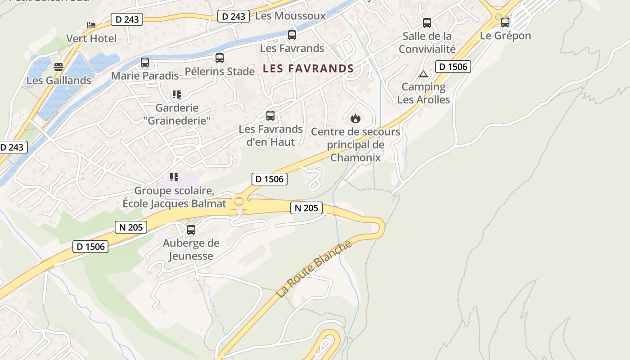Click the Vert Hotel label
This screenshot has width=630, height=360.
pyautogui.click(x=91, y=39)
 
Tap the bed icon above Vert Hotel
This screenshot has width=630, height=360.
pyautogui.click(x=91, y=25)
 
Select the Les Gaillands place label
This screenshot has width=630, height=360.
pyautogui.click(x=59, y=81)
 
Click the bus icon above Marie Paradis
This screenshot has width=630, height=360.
pyautogui.click(x=145, y=63)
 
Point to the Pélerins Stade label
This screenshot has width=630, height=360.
pyautogui.click(x=220, y=72)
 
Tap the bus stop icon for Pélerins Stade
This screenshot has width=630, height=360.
pyautogui.click(x=220, y=58)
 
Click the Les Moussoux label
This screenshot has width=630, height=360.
pyautogui.click(x=290, y=16)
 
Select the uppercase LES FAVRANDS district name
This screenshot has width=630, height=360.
pyautogui.click(x=308, y=69)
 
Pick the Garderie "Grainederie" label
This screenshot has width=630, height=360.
pyautogui.click(x=177, y=114)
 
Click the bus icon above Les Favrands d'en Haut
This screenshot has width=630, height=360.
pyautogui.click(x=270, y=116)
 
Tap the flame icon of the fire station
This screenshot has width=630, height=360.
pyautogui.click(x=355, y=119)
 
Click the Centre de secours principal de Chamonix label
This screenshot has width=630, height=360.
pyautogui.click(x=355, y=145)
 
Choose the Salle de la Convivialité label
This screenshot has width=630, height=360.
pyautogui.click(x=427, y=42)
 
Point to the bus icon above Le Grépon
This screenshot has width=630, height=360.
pyautogui.click(x=505, y=22)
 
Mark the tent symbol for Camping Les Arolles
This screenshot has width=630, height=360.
pyautogui.click(x=423, y=74)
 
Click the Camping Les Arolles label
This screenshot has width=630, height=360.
pyautogui.click(x=423, y=93)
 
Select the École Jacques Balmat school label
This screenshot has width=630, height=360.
pyautogui.click(x=175, y=198)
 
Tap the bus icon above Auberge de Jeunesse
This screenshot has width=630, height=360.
pyautogui.click(x=191, y=230)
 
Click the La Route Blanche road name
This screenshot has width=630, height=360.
pyautogui.click(x=314, y=269)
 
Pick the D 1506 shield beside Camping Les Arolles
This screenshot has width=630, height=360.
pyautogui.click(x=453, y=67)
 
